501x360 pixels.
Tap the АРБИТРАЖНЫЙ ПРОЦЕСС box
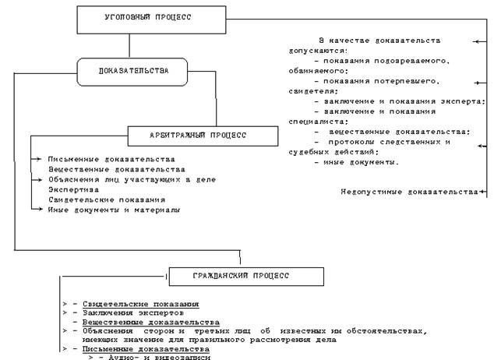[202, 136]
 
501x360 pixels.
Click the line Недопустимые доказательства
[409, 191]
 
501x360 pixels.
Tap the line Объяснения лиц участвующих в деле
[132, 179]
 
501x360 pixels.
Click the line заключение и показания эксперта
[399, 101]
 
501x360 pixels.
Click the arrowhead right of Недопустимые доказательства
[482, 191]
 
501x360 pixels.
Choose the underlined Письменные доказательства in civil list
[146, 348]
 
